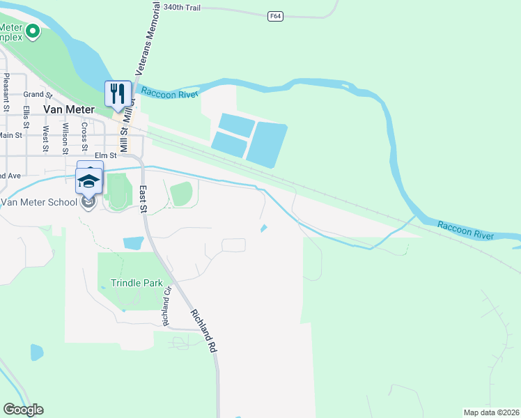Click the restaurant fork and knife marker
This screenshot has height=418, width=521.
click(x=118, y=93)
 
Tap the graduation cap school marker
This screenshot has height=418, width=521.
click(x=88, y=180)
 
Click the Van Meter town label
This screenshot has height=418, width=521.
click(x=68, y=109)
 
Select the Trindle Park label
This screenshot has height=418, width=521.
click(x=137, y=283)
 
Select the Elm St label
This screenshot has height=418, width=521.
click(x=104, y=156)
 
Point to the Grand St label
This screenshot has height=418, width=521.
click(x=38, y=94)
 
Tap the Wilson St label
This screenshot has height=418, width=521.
click(x=65, y=137)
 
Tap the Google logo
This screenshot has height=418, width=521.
click(x=23, y=410)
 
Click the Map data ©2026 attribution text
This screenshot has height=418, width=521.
click(x=490, y=412)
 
